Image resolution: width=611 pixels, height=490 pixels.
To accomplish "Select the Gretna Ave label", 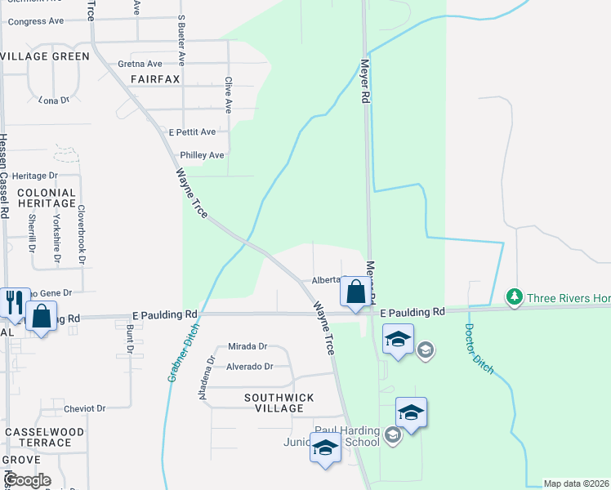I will click(x=140, y=64).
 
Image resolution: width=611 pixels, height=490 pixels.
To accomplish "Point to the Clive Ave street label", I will click(x=228, y=95).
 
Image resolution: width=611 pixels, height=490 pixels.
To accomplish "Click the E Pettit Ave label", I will click(x=191, y=131).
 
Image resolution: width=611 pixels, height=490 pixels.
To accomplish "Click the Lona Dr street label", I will click(x=54, y=100).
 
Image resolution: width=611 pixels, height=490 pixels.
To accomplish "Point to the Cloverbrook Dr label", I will click(x=82, y=233).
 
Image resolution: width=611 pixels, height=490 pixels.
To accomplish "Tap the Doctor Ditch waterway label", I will click(x=479, y=349).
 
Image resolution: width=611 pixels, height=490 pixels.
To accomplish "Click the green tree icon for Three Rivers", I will click(x=515, y=298).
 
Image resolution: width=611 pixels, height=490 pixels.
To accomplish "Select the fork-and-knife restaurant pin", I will click(x=14, y=301).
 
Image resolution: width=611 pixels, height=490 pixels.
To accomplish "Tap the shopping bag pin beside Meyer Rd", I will click(x=355, y=292).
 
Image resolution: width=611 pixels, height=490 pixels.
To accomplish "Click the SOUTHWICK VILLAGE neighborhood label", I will click(x=279, y=403).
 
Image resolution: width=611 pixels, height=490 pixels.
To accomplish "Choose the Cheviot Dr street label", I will click(x=85, y=408).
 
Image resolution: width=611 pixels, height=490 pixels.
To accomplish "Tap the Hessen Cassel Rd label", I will click(x=4, y=176).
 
